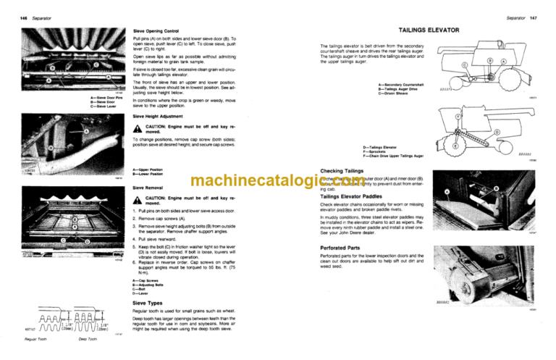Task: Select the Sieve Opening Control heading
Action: click(x=156, y=31)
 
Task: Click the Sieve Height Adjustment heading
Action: click(x=160, y=116)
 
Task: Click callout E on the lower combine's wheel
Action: click(x=454, y=146)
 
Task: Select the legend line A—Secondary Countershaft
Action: click(x=403, y=85)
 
